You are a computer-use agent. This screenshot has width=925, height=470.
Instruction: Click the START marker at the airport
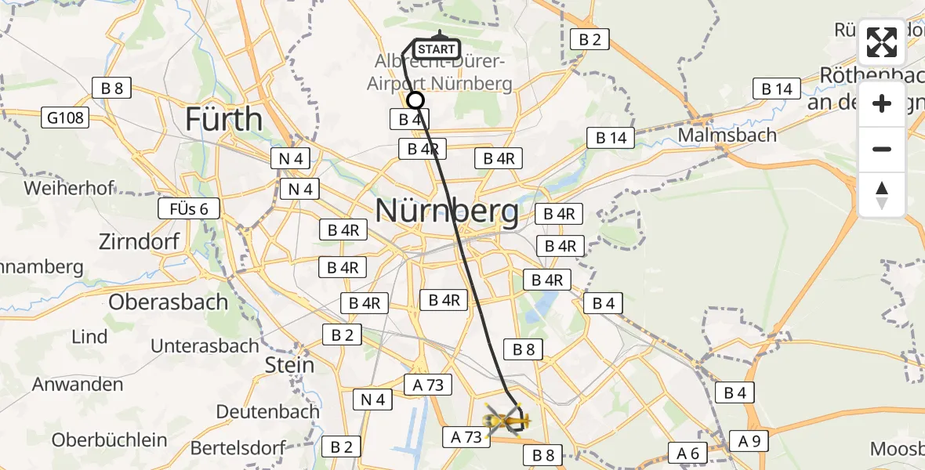pyautogui.click(x=437, y=49)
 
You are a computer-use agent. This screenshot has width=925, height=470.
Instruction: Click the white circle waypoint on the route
pyautogui.click(x=415, y=100)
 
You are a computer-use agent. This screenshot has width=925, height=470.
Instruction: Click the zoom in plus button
pyautogui.click(x=882, y=104)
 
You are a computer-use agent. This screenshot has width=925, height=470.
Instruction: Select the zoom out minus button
pyautogui.click(x=882, y=149)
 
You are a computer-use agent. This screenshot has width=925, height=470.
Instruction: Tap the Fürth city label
pyautogui.click(x=223, y=119)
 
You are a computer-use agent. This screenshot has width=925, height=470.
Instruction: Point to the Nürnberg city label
pyautogui.click(x=447, y=211)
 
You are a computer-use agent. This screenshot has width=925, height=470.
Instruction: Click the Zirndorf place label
pyautogui.click(x=140, y=242)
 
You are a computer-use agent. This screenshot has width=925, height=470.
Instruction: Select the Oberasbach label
pyautogui.click(x=169, y=302)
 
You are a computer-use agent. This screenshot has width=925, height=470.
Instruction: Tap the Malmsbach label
pyautogui.click(x=727, y=135)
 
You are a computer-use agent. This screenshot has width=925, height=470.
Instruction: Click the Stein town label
pyautogui.click(x=289, y=365)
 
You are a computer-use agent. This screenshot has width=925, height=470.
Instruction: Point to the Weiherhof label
pyautogui.click(x=69, y=188)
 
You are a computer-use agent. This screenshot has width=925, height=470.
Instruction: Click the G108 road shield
pyautogui.click(x=66, y=118)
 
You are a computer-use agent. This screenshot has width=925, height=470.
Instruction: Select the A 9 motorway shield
pyautogui.click(x=749, y=441)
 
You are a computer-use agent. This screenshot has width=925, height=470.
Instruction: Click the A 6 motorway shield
pyautogui.click(x=687, y=452)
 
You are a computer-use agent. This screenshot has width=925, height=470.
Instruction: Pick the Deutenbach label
pyautogui.click(x=267, y=411)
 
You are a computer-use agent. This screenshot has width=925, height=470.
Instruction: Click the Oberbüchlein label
pyautogui.click(x=110, y=439)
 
